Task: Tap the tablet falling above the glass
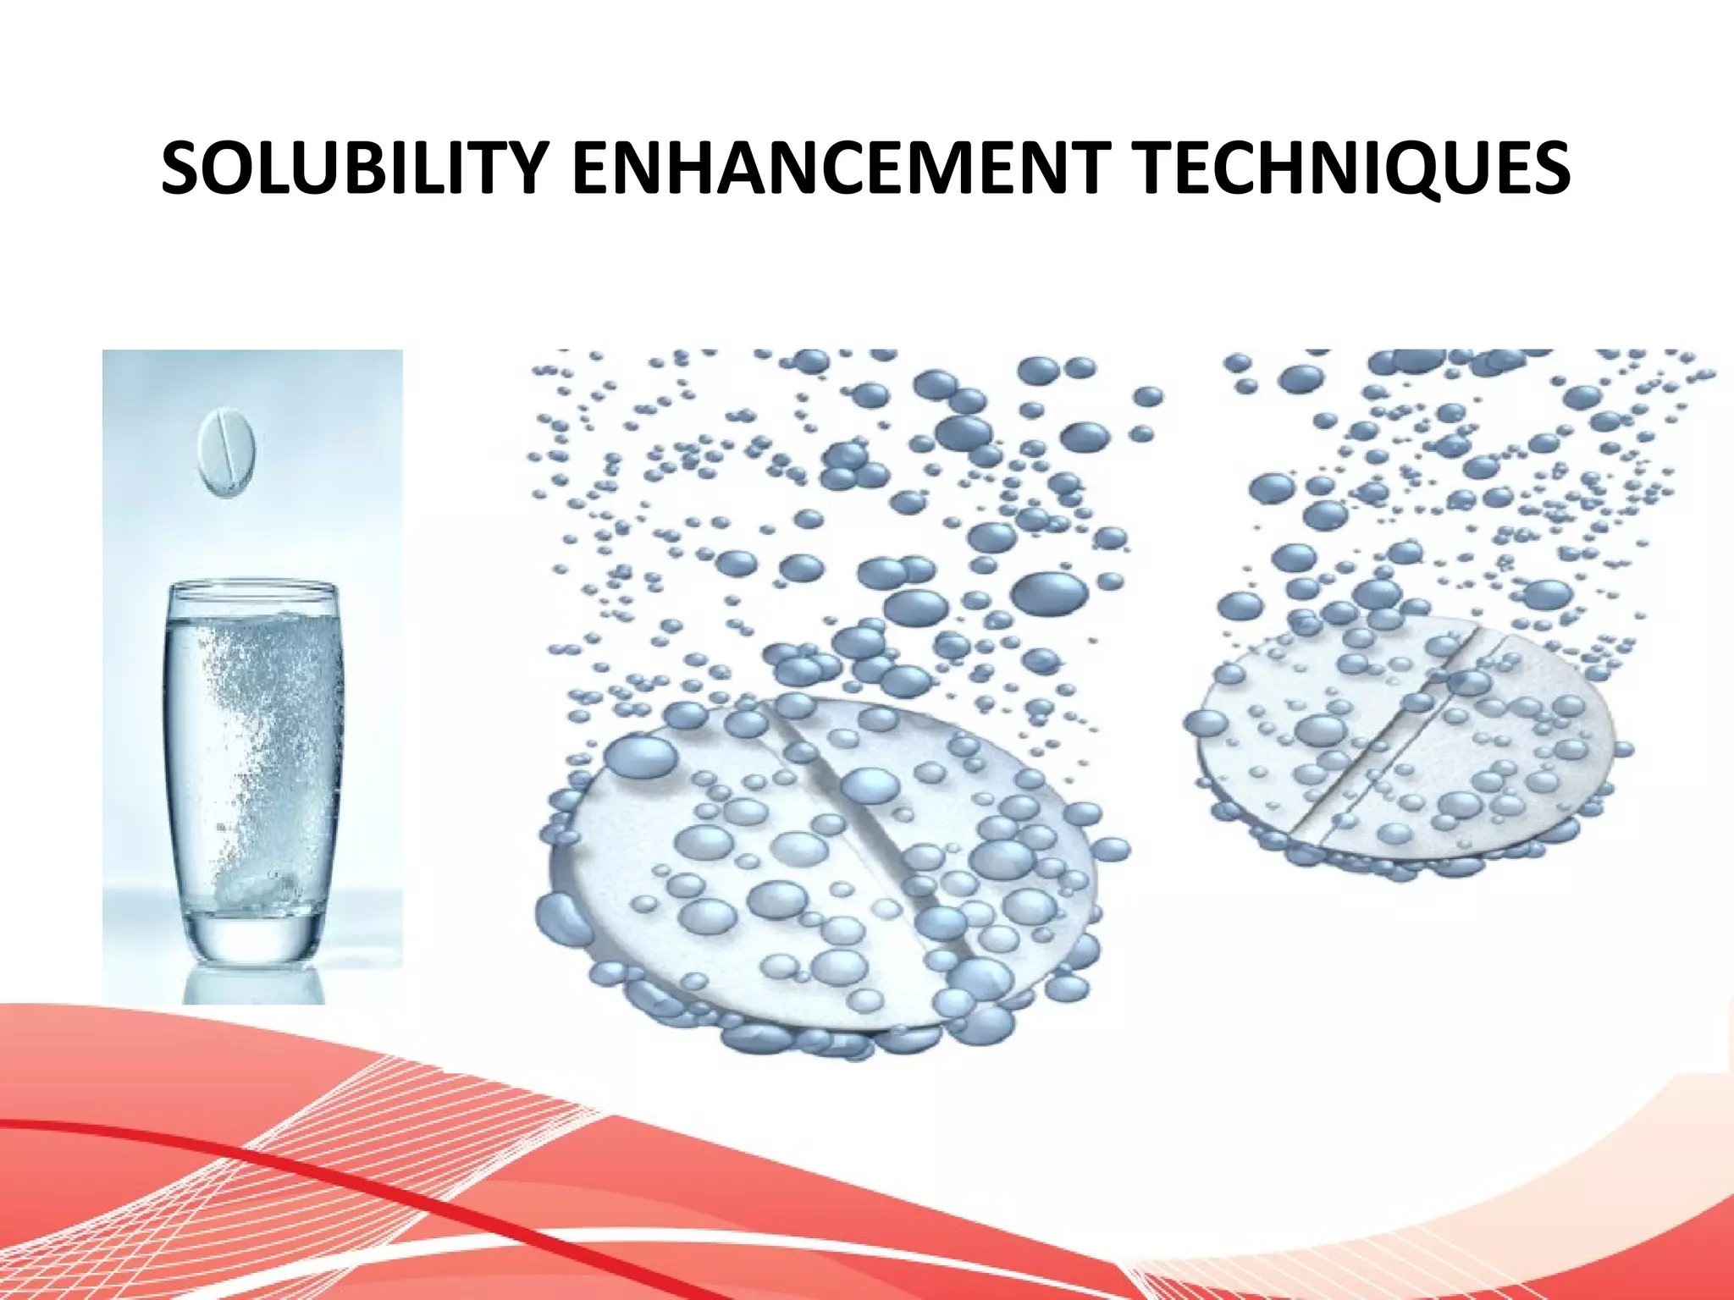[227, 452]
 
